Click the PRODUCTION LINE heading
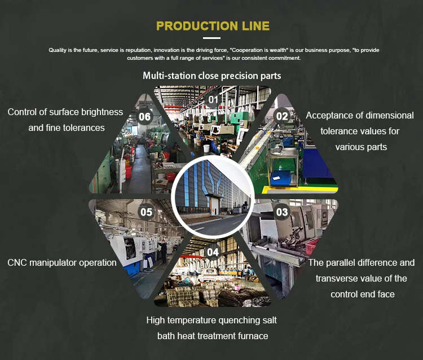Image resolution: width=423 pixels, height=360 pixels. pos(213,26)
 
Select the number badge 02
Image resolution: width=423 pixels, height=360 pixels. pos(281,116)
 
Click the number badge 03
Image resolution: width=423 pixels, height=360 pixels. pos(281,212)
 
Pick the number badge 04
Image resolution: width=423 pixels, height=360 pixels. pos(212,252)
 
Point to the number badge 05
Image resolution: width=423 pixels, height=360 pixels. pos(146,212)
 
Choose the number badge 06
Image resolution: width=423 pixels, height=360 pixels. pos(145,117)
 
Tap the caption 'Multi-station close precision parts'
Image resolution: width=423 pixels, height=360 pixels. pos(211,76)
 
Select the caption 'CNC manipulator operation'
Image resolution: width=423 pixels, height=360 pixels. pos(62,262)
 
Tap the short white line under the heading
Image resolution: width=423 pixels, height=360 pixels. pos(211,38)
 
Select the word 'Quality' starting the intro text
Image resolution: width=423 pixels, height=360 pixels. pos(58,50)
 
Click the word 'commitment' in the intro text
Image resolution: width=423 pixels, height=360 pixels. pos(285,58)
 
